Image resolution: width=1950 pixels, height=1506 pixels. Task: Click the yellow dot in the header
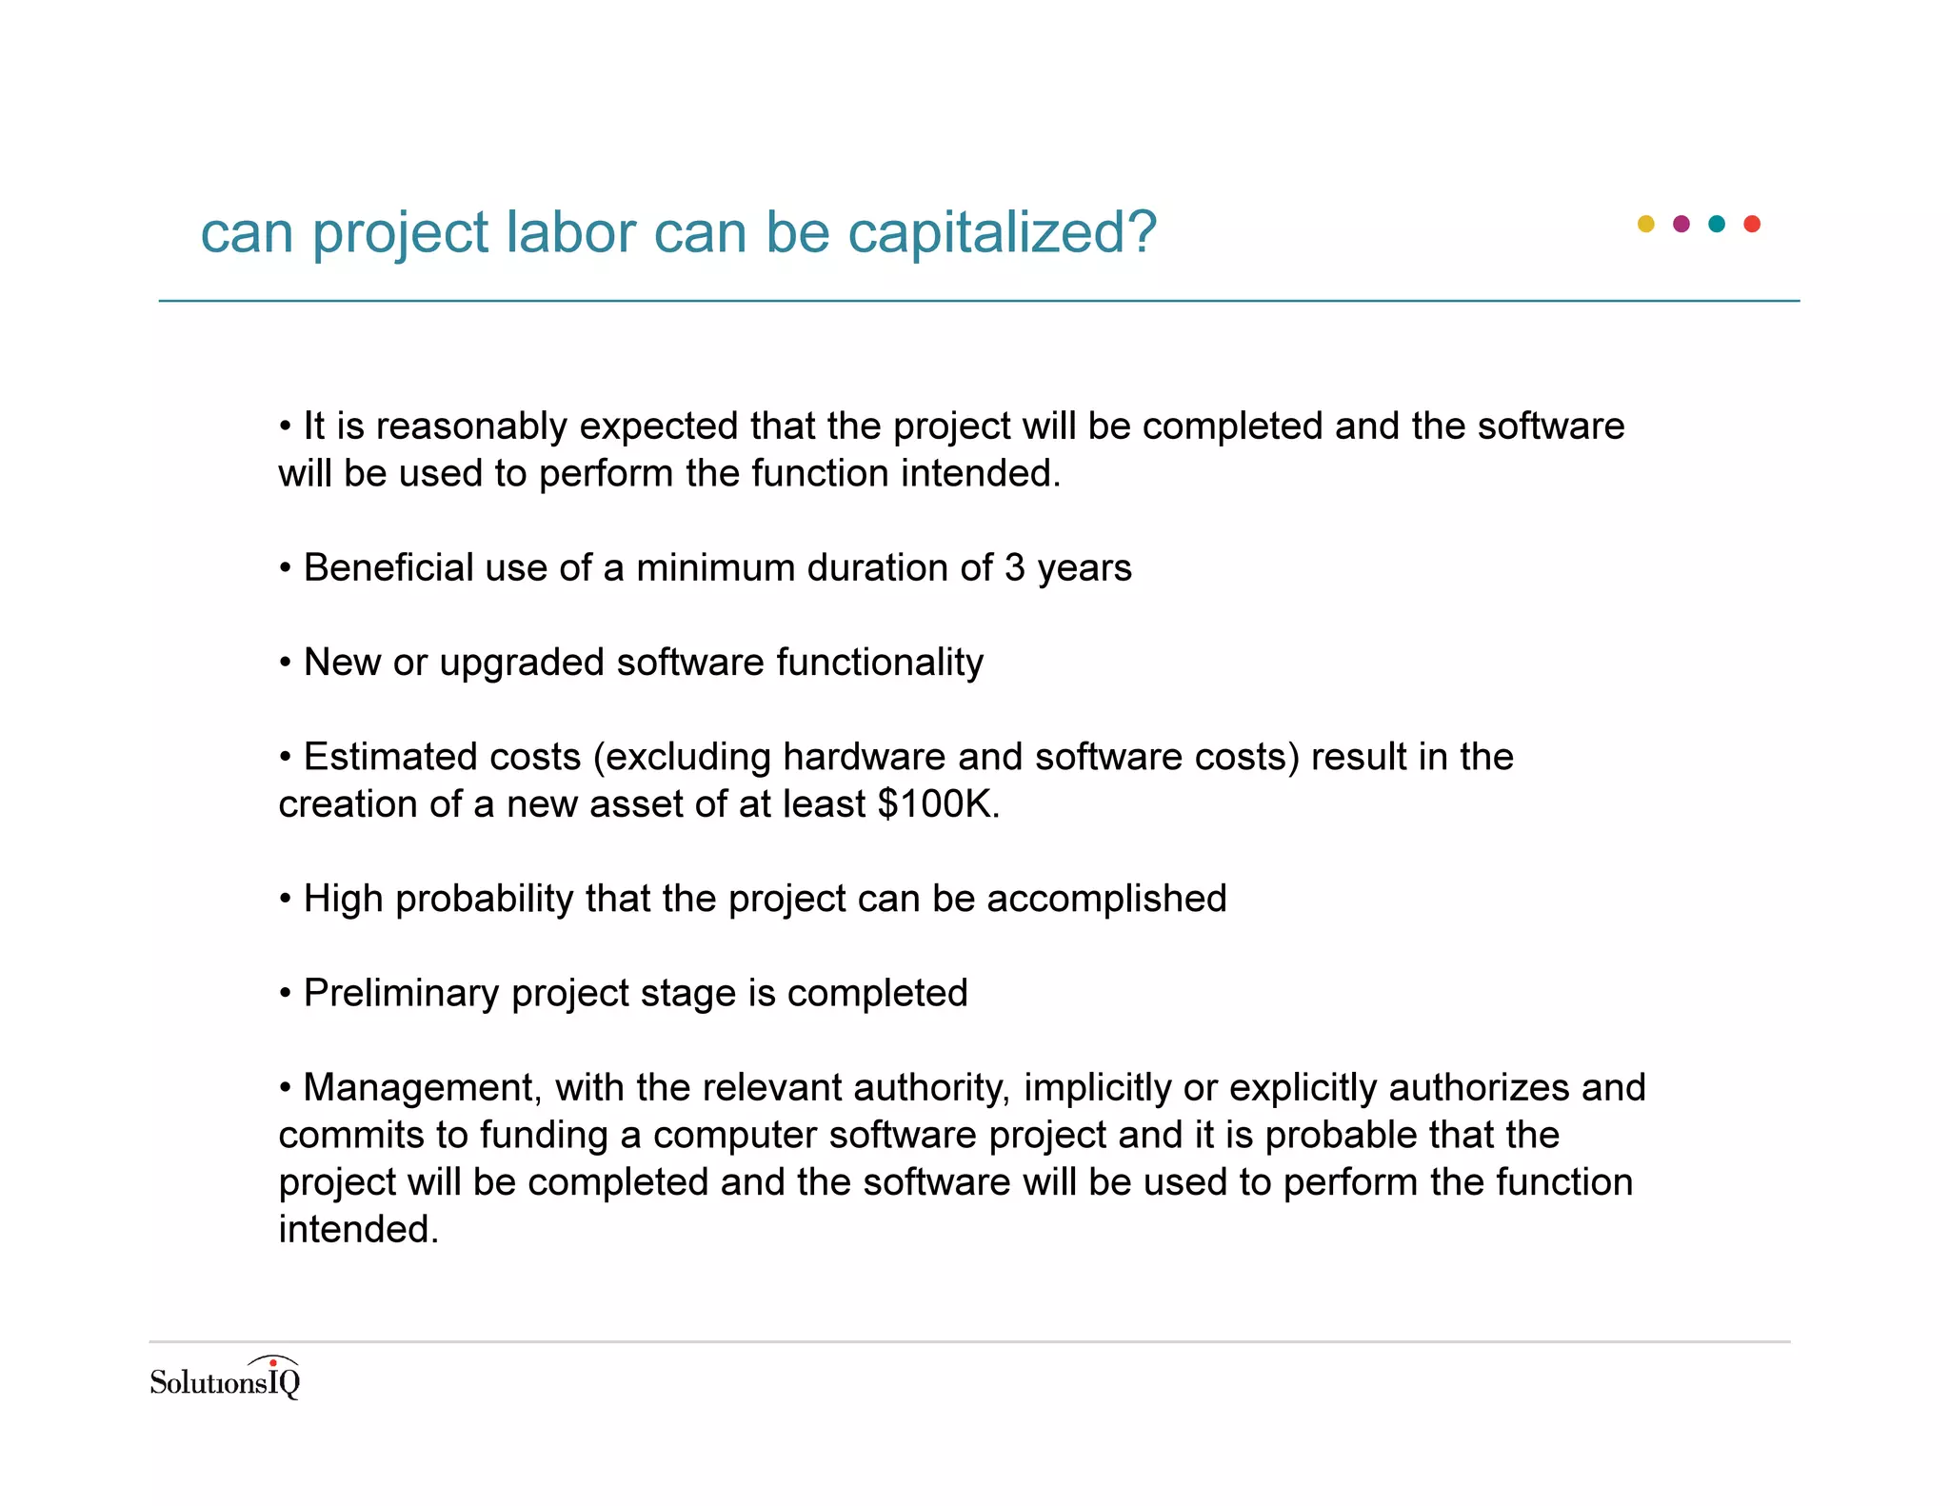point(1645,224)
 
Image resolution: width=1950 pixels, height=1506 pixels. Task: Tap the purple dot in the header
point(1681,224)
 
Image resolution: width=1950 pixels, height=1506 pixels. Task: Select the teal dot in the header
point(1717,224)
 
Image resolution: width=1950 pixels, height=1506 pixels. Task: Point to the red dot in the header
point(1752,224)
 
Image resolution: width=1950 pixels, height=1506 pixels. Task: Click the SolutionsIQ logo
point(225,1378)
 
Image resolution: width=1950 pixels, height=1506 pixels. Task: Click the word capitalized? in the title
point(1002,232)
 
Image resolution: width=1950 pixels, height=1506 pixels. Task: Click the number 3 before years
point(1014,568)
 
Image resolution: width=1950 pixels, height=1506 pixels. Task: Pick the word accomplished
point(1106,899)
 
